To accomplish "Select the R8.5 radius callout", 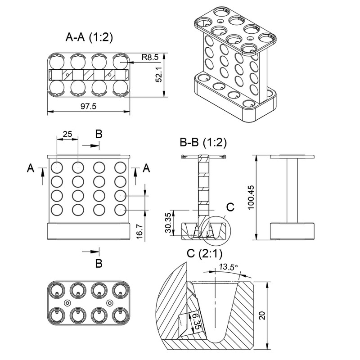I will tap(149, 57).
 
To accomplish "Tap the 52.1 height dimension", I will tap(158, 75).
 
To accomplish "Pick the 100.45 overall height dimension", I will tap(250, 198).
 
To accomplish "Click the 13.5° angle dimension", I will tap(228, 267).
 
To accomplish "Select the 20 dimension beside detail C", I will tap(262, 315).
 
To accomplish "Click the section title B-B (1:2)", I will tap(203, 143).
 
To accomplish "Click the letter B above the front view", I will tap(99, 134).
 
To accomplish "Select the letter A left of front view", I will tap(30, 168).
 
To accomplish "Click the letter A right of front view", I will tap(146, 168).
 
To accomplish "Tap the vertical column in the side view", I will tap(292, 191).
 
